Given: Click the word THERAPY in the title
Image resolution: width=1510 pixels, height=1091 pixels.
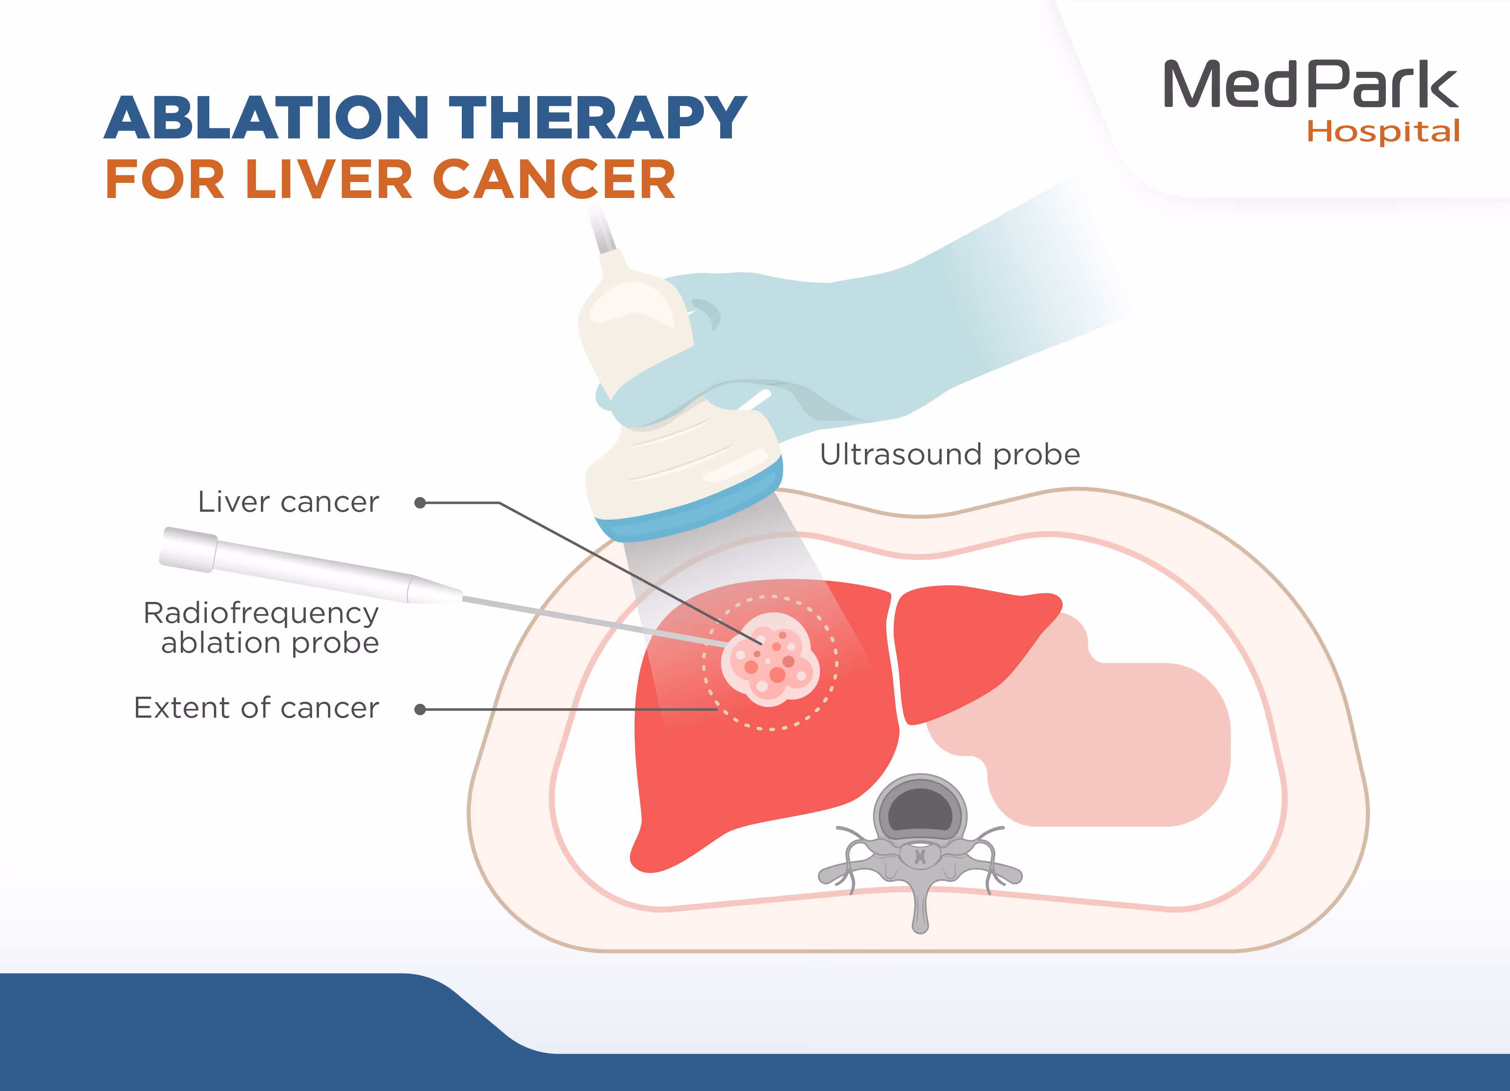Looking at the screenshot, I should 597,118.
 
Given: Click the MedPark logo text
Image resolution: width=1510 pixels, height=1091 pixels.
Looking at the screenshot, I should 1310,85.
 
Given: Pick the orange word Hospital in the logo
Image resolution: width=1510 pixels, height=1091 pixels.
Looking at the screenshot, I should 1383,132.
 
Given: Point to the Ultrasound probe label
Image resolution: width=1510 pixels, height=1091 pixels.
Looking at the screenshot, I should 949,455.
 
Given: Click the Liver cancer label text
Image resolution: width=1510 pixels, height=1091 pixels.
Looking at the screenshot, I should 288,503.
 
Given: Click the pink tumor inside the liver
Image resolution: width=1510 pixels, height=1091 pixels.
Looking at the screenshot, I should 771,659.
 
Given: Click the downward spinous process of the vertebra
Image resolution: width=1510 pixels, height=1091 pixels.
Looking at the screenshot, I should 920,912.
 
